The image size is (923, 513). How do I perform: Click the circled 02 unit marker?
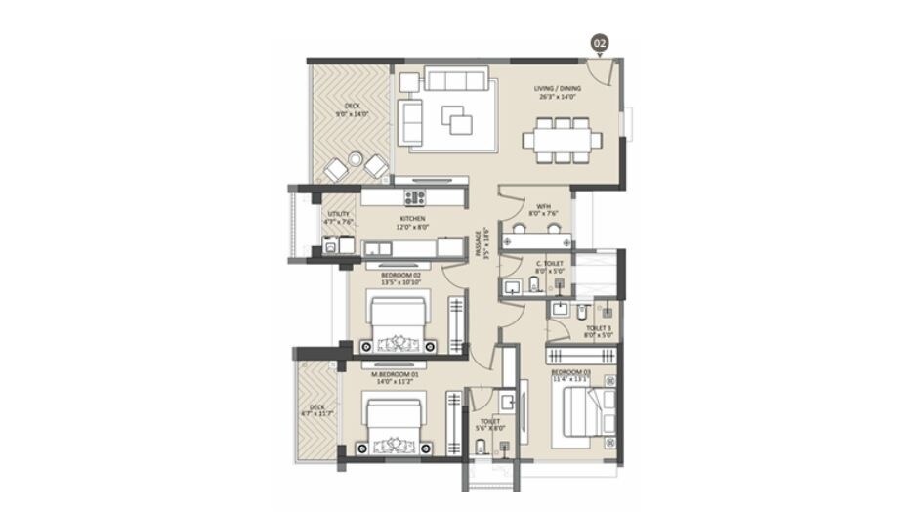point(600,43)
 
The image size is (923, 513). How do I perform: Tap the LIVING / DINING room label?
point(555,92)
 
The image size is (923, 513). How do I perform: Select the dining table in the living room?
point(562,140)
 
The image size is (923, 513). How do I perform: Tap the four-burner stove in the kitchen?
point(414,197)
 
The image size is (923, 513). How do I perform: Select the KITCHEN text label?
point(412,223)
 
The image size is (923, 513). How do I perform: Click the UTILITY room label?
point(339,217)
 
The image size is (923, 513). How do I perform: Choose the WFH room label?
point(542,208)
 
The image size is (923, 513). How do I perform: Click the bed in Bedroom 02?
point(398,322)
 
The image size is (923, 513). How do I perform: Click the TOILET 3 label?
point(598,331)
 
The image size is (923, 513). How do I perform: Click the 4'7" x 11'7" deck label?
point(316,411)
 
